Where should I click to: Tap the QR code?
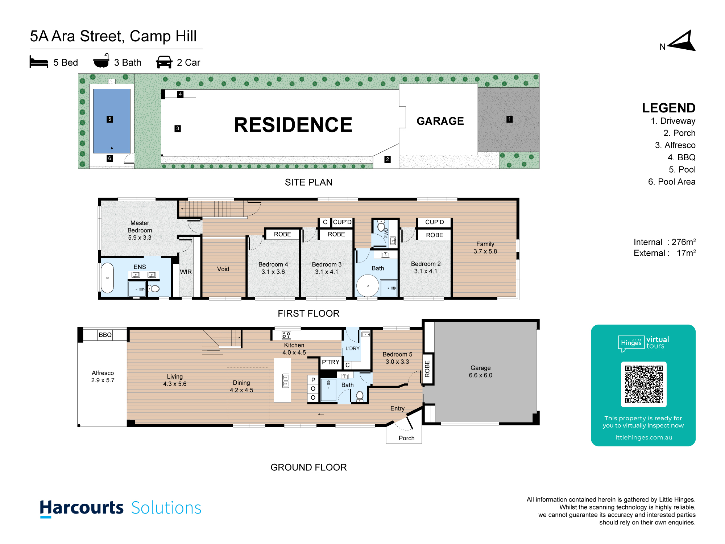coord(643,384)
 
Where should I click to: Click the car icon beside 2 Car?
coord(164,62)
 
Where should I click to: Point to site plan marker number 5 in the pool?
coord(110,119)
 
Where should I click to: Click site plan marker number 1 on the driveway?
coord(509,119)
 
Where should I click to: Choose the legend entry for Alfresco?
coord(675,145)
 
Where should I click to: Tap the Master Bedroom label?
coord(140,227)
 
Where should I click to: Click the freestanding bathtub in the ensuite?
coord(108,277)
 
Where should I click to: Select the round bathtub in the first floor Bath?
coord(368,286)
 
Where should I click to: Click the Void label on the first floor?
coord(223,269)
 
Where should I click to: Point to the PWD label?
coord(386,233)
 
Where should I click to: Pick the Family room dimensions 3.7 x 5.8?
coord(485,251)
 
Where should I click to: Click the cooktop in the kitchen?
coord(286,335)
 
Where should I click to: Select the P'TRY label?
coord(331,362)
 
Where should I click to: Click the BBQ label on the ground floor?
coord(105,335)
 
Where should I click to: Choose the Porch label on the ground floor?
coord(406,438)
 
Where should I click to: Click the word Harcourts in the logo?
coord(82,508)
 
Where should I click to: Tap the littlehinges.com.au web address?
coord(643,437)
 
